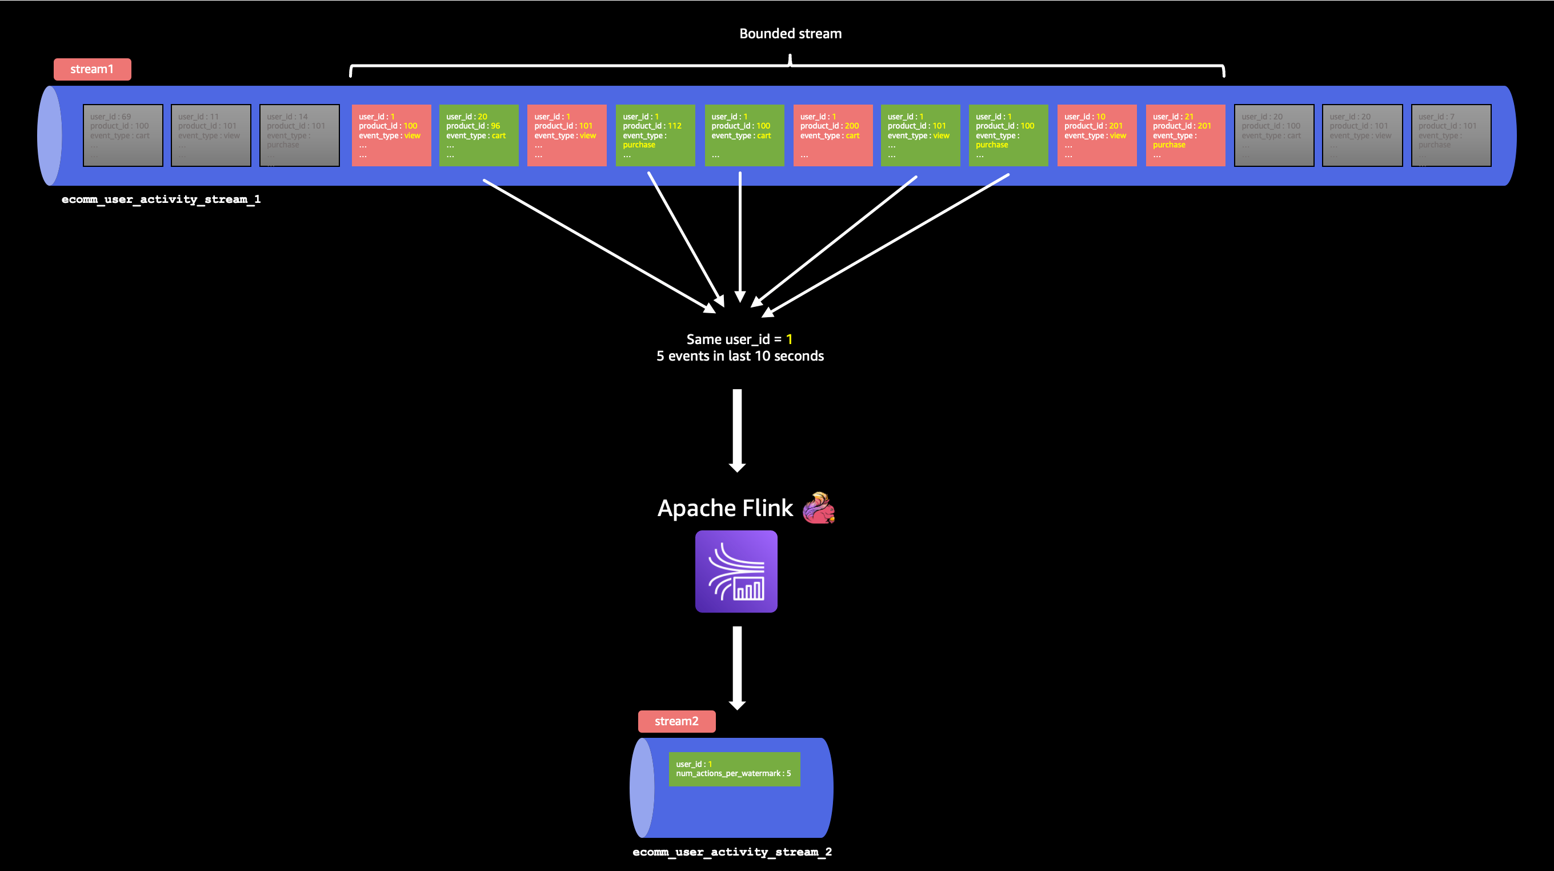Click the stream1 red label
pyautogui.click(x=93, y=69)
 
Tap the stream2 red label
pyautogui.click(x=676, y=721)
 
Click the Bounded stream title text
pyautogui.click(x=790, y=34)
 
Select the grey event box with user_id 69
pyautogui.click(x=123, y=135)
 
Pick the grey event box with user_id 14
pyautogui.click(x=299, y=135)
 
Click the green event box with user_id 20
pyautogui.click(x=478, y=135)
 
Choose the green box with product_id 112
pyautogui.click(x=655, y=135)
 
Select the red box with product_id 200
pyautogui.click(x=832, y=135)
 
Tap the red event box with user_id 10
pyautogui.click(x=1097, y=135)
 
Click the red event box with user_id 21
pyautogui.click(x=1185, y=135)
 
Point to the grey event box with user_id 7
pyautogui.click(x=1451, y=135)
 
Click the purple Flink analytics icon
pyautogui.click(x=736, y=571)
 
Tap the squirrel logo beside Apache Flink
pyautogui.click(x=819, y=508)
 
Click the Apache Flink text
pyautogui.click(x=725, y=508)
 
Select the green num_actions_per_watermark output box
pyautogui.click(x=734, y=769)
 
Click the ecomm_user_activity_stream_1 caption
pyautogui.click(x=161, y=199)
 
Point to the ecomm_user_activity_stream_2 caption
pyautogui.click(x=732, y=852)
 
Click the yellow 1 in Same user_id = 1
pyautogui.click(x=789, y=339)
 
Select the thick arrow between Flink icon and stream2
pyautogui.click(x=737, y=667)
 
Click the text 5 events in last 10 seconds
pyautogui.click(x=740, y=356)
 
